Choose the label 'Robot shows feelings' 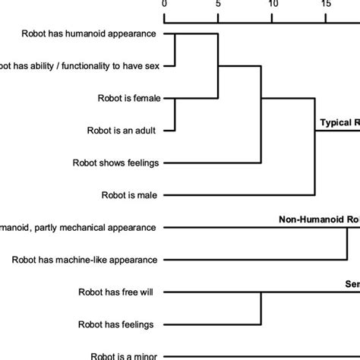[x=115, y=163]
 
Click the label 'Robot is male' [x=130, y=195]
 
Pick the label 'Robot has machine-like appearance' [x=85, y=260]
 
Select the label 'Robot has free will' [x=118, y=292]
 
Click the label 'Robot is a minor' [x=124, y=355]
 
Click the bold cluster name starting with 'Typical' [x=339, y=122]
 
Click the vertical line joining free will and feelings [x=261, y=308]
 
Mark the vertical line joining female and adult [x=175, y=114]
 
